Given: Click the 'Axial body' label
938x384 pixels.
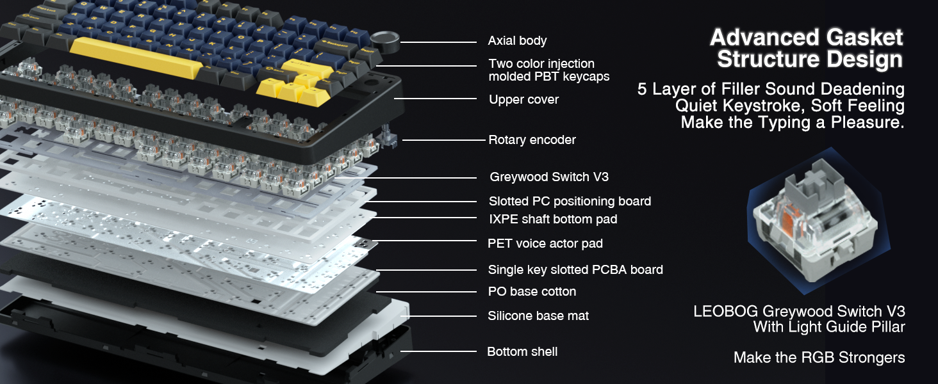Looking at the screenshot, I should pyautogui.click(x=517, y=41).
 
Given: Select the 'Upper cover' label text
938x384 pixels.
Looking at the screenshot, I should pyautogui.click(x=523, y=100).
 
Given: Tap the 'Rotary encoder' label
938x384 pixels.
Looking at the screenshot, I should pyautogui.click(x=532, y=140).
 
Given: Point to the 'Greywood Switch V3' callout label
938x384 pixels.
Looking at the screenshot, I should pyautogui.click(x=549, y=177).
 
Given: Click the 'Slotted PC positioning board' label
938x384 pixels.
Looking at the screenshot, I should pyautogui.click(x=570, y=202).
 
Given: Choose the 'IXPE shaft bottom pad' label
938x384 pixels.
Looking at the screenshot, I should pyautogui.click(x=552, y=220).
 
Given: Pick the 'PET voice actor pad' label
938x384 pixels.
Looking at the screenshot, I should pyautogui.click(x=545, y=244).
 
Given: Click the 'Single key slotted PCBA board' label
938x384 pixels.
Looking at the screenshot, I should pyautogui.click(x=575, y=270).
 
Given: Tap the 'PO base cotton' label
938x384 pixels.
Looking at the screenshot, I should pyautogui.click(x=532, y=292).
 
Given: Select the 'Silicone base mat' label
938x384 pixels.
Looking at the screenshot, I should pyautogui.click(x=538, y=316).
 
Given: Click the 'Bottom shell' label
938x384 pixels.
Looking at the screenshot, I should pyautogui.click(x=522, y=352).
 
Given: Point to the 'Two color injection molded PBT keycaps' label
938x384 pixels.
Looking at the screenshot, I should pyautogui.click(x=548, y=70).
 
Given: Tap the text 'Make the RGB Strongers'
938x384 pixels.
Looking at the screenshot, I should pyautogui.click(x=819, y=358).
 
